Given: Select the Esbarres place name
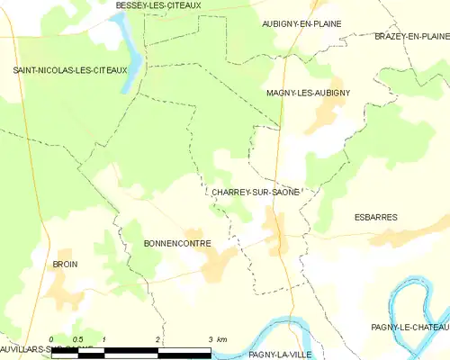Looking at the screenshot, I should (x=374, y=217).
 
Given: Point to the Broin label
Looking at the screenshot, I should (x=65, y=265).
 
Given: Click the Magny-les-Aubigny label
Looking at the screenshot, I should (x=308, y=93).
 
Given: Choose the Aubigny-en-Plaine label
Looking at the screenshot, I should (x=301, y=23).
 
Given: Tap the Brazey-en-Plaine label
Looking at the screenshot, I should (x=411, y=36).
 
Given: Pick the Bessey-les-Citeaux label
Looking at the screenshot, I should (x=157, y=5).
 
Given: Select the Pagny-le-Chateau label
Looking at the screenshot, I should (x=409, y=327).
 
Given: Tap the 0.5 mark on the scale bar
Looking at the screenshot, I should (x=77, y=338).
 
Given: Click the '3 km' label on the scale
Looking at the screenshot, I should (x=216, y=338).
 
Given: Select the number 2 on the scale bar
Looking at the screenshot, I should (x=157, y=338).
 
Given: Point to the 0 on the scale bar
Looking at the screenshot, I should (x=52, y=338).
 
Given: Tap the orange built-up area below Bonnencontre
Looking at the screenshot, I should (x=216, y=263).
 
